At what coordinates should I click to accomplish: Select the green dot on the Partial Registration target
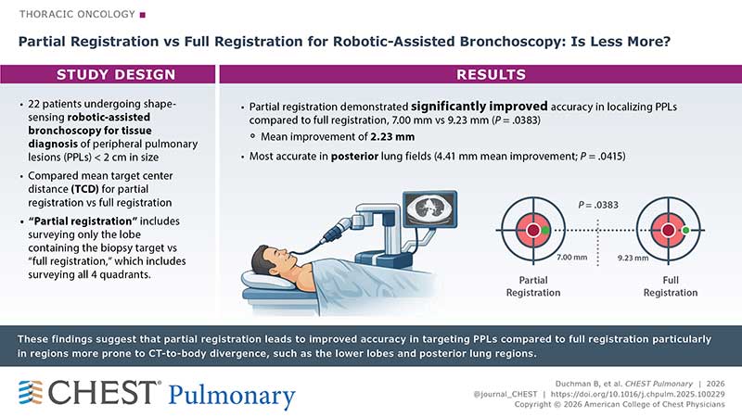click(547, 229)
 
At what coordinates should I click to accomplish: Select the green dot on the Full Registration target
click(684, 229)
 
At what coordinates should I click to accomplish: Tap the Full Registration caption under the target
click(671, 286)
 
